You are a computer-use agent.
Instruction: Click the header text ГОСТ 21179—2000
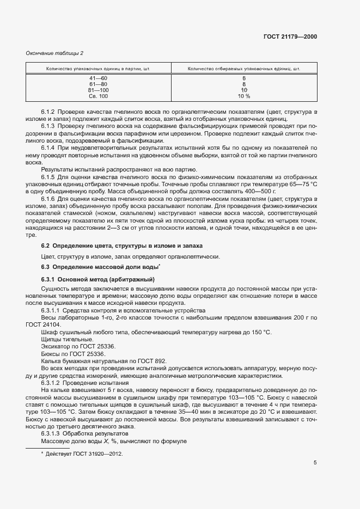coord(291,37)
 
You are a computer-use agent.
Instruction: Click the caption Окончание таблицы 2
coord(55,53)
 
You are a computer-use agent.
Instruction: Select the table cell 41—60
coord(99,78)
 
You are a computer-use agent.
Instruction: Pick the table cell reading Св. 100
coord(99,96)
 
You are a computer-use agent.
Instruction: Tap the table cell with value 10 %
coord(244,96)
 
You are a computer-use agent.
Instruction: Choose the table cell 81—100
coord(99,90)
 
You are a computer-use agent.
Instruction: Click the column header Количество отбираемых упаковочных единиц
coord(244,69)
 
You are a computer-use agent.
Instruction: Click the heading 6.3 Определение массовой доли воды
coord(100,267)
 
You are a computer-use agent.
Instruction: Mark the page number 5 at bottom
coord(315,463)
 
